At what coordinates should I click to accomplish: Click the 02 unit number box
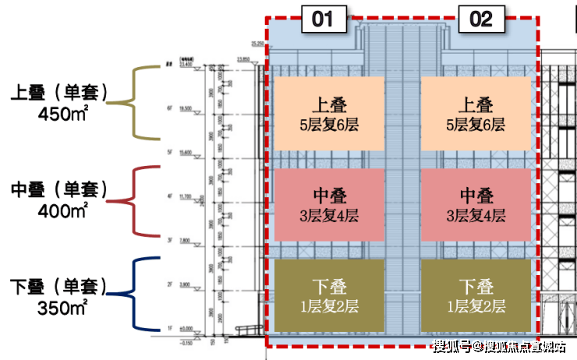point(481,19)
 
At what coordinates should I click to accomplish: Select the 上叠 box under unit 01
point(328,114)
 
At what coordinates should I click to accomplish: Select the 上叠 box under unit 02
point(476,114)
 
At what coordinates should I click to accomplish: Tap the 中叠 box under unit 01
point(328,205)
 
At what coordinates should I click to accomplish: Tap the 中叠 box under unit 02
point(476,205)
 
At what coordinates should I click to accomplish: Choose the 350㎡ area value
point(63,306)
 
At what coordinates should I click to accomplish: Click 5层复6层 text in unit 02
point(476,125)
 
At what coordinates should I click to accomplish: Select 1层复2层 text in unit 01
point(328,307)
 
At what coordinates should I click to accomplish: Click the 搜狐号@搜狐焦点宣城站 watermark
point(500,347)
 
